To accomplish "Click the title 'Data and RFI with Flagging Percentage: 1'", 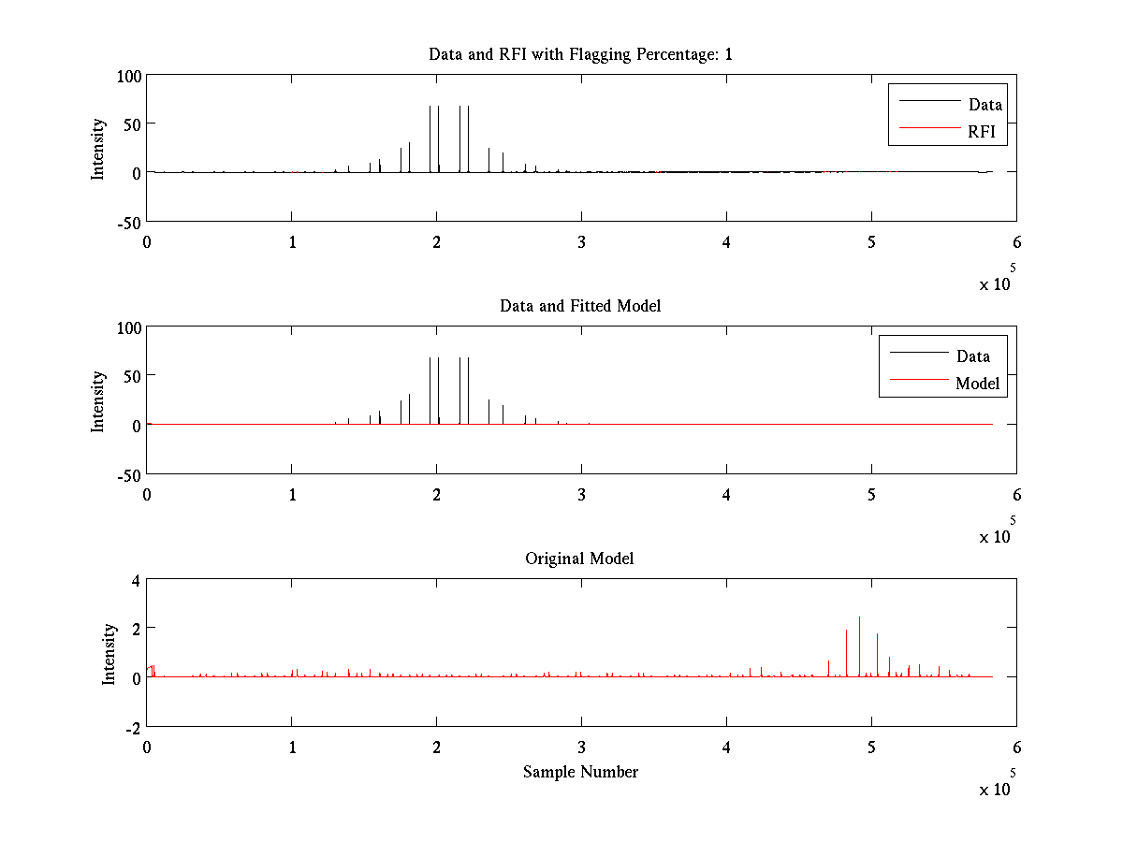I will (580, 54).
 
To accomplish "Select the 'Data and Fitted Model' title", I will (580, 306).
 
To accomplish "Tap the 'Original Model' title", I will (580, 559).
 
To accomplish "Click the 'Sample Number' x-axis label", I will (580, 772).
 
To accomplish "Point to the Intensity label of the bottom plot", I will (109, 654).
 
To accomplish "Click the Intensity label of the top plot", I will (97, 149).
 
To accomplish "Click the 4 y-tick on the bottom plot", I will (135, 579).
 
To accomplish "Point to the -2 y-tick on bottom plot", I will (132, 727).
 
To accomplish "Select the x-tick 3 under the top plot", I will (581, 241).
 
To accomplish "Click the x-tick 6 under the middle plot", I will (1016, 494).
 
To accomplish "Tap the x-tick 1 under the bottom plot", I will (292, 747).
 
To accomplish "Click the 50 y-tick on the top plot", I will (131, 123).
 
